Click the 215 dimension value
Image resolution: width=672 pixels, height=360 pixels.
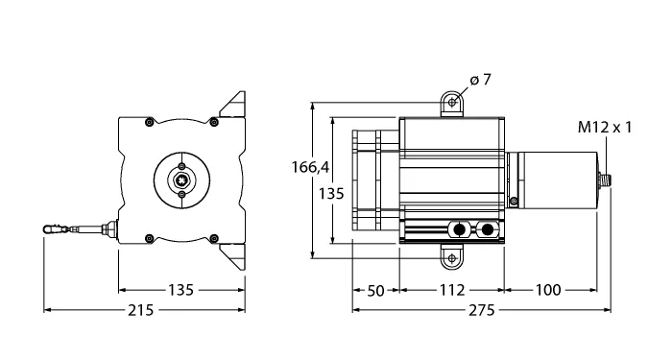140,310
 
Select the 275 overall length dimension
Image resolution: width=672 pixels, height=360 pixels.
481,310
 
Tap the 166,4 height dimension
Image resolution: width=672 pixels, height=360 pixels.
310,167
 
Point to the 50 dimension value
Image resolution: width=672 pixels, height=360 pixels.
376,290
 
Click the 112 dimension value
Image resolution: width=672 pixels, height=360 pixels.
452,290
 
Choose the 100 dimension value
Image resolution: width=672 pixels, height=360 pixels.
548,290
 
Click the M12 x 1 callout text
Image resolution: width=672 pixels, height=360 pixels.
605,128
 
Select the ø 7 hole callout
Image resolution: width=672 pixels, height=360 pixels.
480,80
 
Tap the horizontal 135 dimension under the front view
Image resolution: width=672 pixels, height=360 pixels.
180,290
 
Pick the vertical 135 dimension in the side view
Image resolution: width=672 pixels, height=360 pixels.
331,194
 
